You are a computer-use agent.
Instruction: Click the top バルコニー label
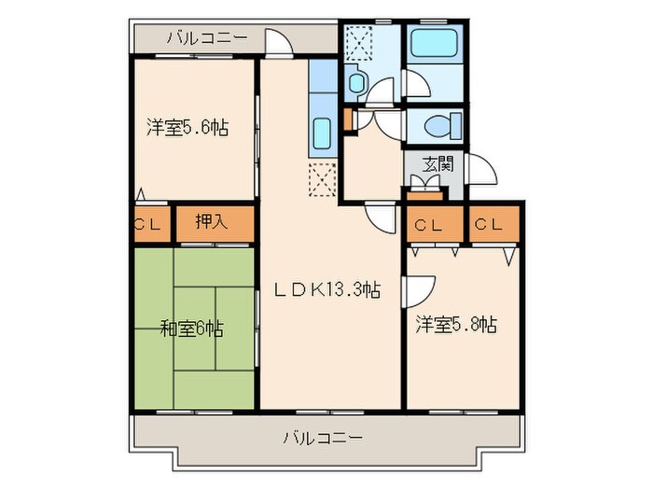(x=207, y=38)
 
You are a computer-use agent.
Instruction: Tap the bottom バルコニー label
(x=323, y=437)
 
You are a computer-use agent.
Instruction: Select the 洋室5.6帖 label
(x=187, y=128)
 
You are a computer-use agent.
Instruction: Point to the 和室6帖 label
(x=191, y=329)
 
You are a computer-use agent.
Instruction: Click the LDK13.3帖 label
(x=326, y=290)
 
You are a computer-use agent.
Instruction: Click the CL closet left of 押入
(x=148, y=224)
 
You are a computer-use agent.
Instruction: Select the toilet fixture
(x=437, y=124)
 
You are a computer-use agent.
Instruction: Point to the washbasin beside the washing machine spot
(x=357, y=83)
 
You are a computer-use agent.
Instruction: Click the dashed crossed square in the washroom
(x=358, y=41)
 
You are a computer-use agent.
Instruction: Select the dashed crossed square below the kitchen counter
(x=322, y=176)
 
